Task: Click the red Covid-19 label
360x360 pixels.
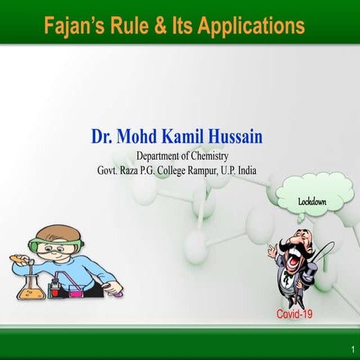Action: [x=294, y=313]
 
